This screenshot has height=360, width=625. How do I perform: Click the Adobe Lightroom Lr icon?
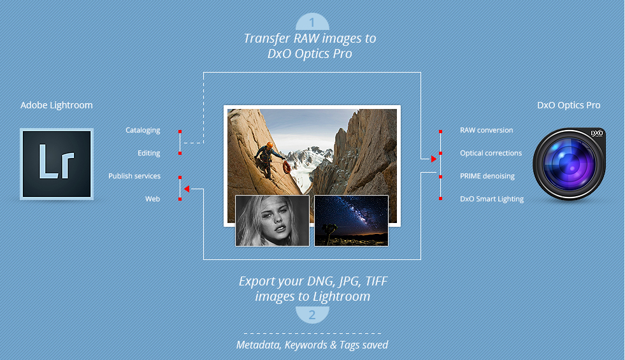[x=57, y=164]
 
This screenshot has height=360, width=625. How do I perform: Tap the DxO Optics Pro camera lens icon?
[x=569, y=164]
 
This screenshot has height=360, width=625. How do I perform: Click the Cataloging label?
[x=143, y=131]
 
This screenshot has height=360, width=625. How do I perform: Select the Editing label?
[x=148, y=153]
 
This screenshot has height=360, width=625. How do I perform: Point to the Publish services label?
[x=134, y=176]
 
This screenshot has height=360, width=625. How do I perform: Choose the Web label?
[x=152, y=199]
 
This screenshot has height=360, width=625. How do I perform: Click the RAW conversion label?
[x=486, y=130]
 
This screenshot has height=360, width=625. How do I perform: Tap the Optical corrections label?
[x=491, y=153]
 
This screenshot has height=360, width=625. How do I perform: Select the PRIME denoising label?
[x=487, y=176]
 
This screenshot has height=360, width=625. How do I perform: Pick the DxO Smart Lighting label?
[x=491, y=199]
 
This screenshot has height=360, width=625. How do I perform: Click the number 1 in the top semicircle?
[x=312, y=23]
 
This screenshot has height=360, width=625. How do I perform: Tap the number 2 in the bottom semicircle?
[x=312, y=315]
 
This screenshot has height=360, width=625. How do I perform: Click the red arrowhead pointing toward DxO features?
[x=434, y=159]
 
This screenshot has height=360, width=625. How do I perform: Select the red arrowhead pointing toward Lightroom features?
[x=187, y=189]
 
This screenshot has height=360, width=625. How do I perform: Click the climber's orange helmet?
[x=270, y=145]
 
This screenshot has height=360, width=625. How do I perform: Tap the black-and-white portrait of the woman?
[x=272, y=220]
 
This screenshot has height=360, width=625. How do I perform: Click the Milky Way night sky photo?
[x=351, y=220]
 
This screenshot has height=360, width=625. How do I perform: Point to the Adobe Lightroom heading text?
[x=57, y=105]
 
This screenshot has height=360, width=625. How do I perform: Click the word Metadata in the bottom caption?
[x=258, y=345]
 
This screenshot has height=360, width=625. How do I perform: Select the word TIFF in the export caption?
[x=377, y=281]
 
